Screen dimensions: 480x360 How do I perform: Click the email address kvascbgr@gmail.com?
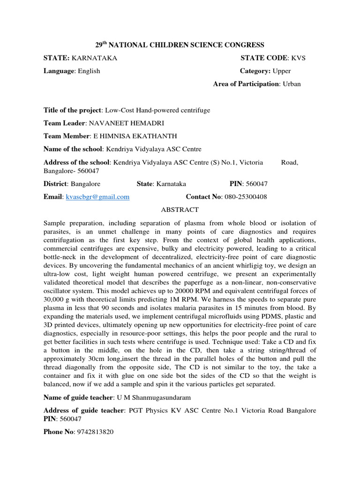(x=97, y=197)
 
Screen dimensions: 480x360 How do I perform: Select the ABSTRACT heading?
(x=180, y=210)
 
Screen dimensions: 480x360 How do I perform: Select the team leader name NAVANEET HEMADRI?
(x=124, y=123)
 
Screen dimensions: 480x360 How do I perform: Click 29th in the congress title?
(x=101, y=45)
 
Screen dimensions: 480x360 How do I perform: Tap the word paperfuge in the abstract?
(x=211, y=282)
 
